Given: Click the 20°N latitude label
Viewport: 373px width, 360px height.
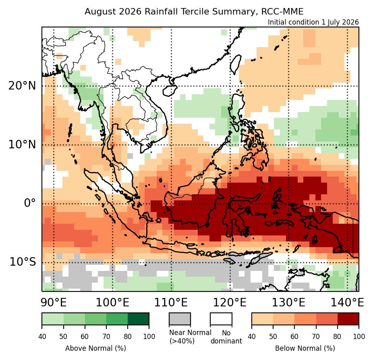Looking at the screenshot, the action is click(22, 85).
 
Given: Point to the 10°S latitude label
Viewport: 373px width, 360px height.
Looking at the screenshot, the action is click(23, 262).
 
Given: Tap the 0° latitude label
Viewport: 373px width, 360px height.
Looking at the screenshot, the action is click(30, 203).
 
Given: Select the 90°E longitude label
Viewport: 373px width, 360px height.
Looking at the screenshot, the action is click(54, 302).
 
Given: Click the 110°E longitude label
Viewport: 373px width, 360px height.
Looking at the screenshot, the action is click(171, 302).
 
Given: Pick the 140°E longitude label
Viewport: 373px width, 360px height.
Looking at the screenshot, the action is click(348, 302).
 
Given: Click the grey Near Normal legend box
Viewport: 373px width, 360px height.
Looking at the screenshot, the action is click(180, 319).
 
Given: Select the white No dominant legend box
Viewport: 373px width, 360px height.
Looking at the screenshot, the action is click(221, 319).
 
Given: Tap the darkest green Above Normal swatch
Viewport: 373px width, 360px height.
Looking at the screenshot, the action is click(139, 319).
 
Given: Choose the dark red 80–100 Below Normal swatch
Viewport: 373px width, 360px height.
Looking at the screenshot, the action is click(348, 319).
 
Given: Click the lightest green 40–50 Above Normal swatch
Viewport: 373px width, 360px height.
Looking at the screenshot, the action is click(53, 319).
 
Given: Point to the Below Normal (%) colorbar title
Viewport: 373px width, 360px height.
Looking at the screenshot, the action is click(305, 348).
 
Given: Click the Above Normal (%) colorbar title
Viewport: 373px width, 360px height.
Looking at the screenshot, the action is click(95, 348).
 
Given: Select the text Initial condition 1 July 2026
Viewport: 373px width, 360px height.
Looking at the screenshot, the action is click(313, 22).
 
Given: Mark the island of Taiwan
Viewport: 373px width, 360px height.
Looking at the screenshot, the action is click(236, 64).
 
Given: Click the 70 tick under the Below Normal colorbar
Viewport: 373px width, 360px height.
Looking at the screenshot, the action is click(316, 337).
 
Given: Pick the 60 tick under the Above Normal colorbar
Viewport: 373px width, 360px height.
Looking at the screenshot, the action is click(85, 337).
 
